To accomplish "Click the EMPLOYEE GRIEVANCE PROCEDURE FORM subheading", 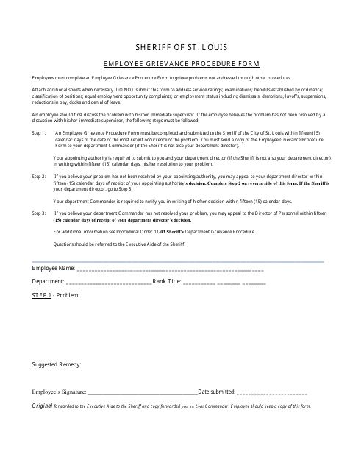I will [x=181, y=63].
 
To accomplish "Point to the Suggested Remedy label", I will [x=57, y=364].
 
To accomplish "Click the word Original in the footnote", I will [x=43, y=406].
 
